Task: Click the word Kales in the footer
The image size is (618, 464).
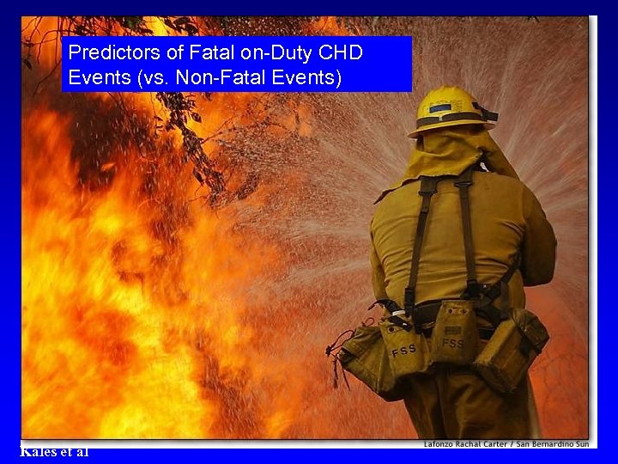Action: pyautogui.click(x=38, y=451)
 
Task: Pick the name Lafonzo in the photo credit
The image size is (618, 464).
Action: pyautogui.click(x=442, y=444)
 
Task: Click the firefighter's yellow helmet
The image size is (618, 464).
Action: pyautogui.click(x=448, y=107)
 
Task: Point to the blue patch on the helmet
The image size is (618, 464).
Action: pyautogui.click(x=440, y=108)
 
